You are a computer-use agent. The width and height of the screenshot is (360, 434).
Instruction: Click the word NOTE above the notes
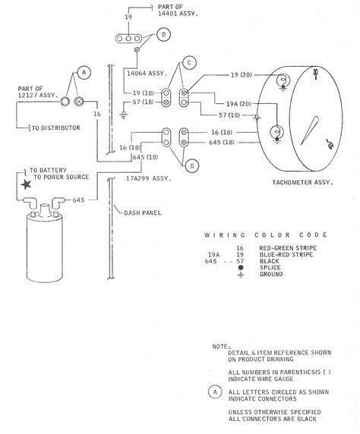coord(221,345)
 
